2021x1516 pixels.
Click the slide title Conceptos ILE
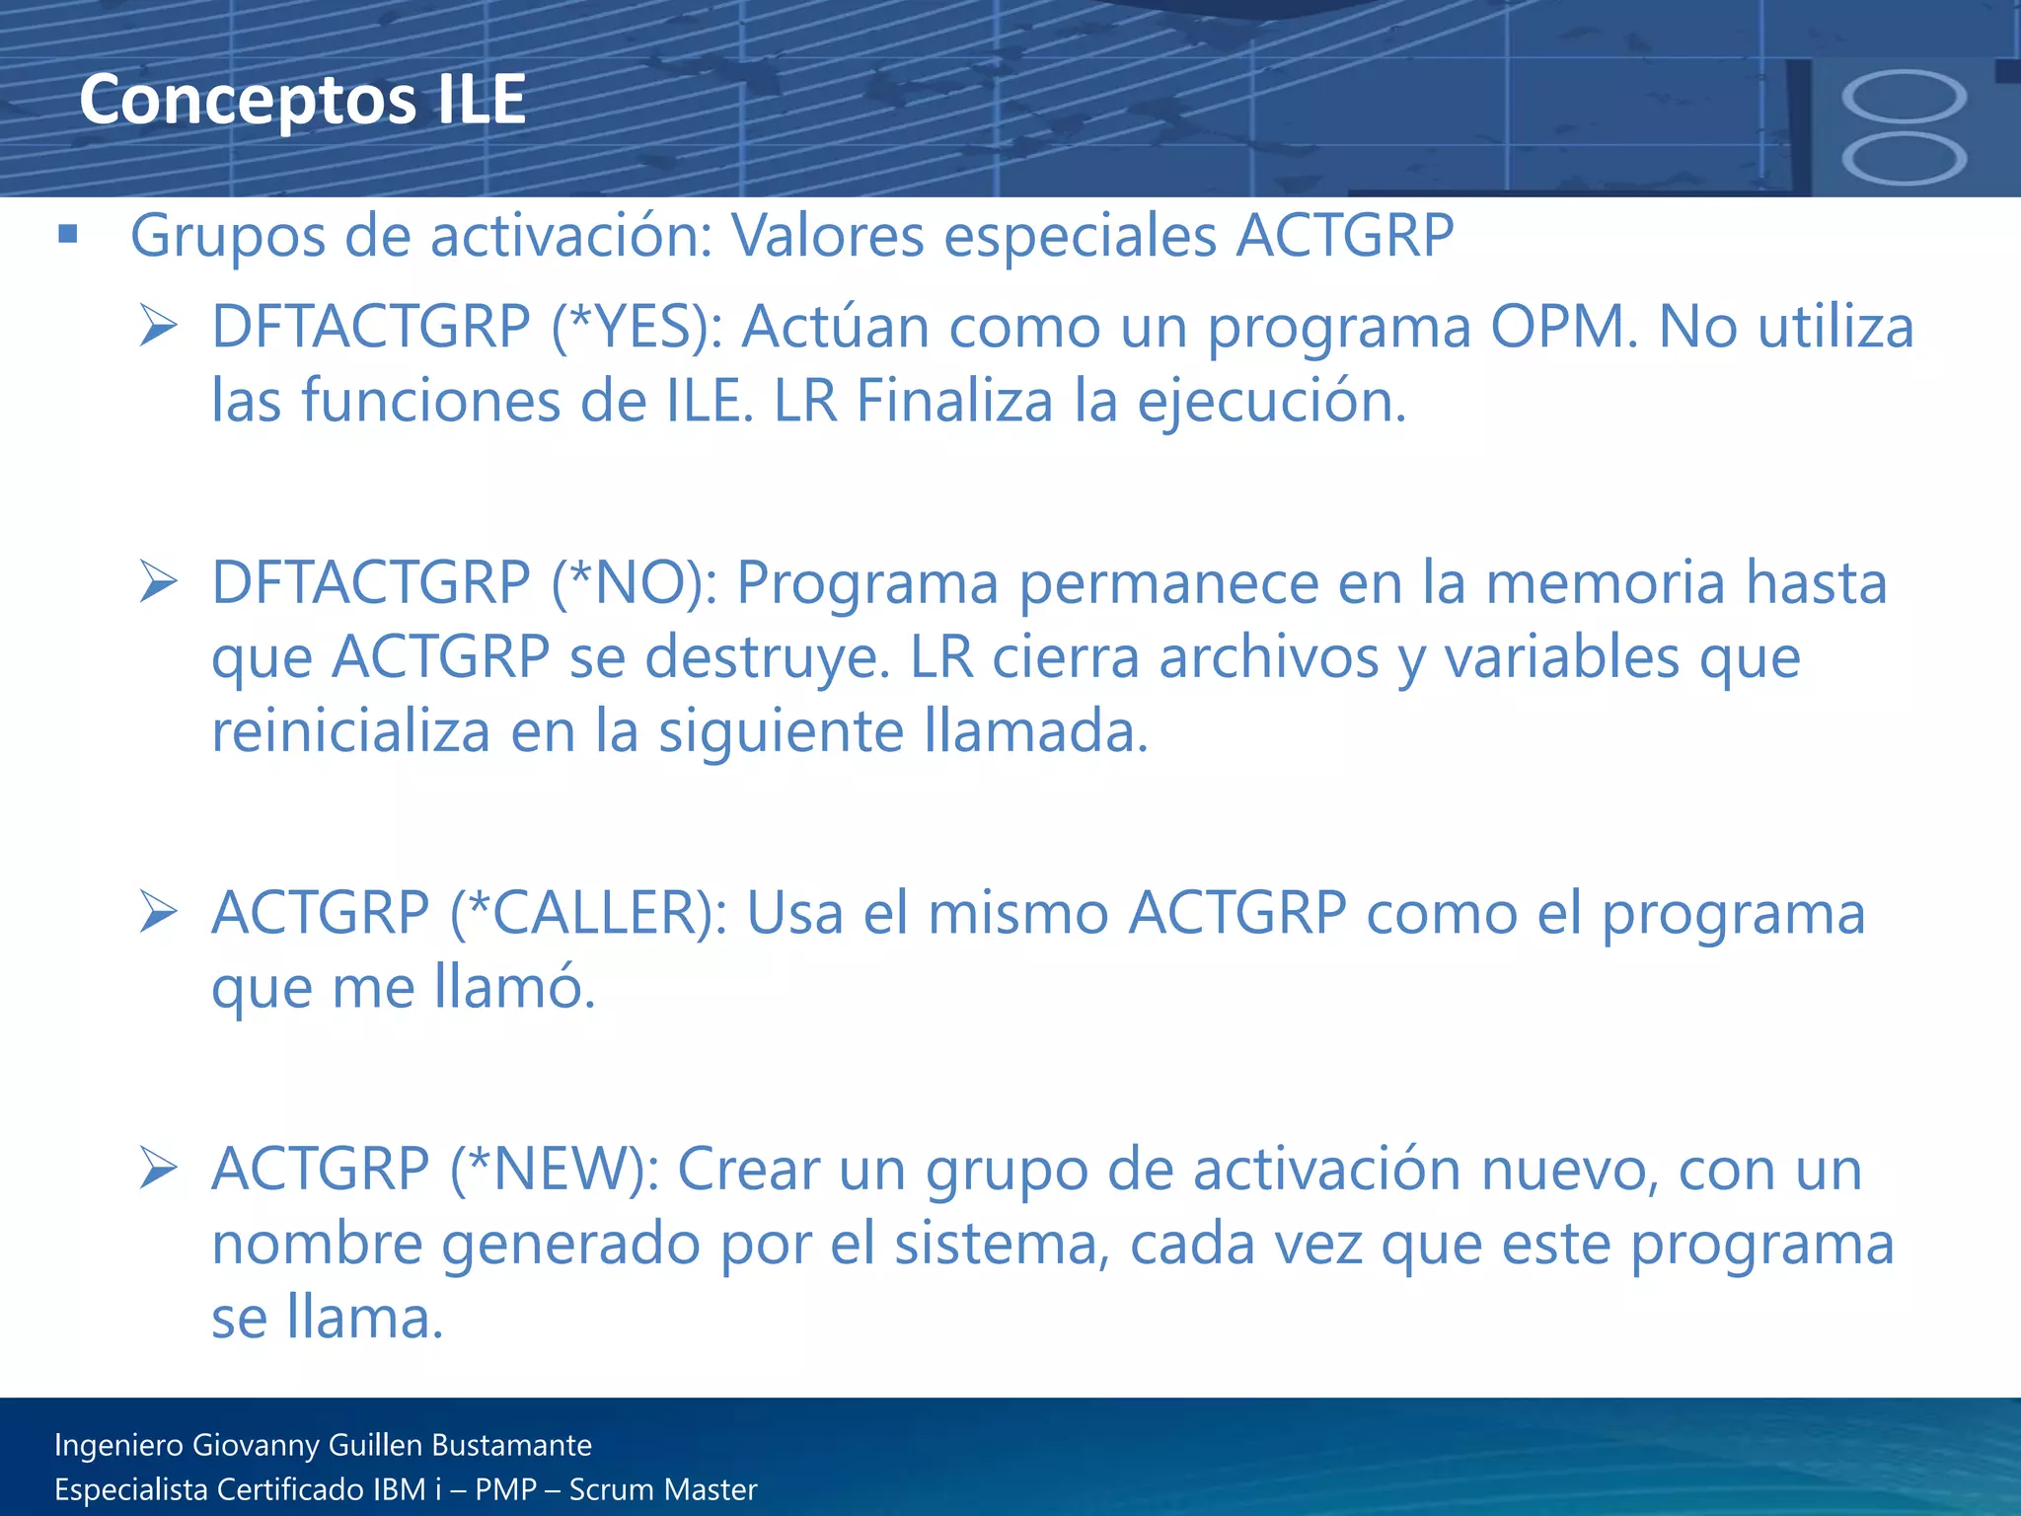[302, 100]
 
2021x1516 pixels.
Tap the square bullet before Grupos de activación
[68, 234]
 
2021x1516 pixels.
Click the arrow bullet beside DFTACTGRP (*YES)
[158, 327]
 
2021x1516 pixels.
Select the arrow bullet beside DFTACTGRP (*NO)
[158, 582]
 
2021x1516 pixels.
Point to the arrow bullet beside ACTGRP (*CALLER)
[158, 912]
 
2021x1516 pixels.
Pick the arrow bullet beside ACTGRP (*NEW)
[158, 1169]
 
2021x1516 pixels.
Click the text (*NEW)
[555, 1169]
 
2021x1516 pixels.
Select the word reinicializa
[351, 731]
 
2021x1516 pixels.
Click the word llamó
[514, 986]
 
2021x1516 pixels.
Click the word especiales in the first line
[1080, 237]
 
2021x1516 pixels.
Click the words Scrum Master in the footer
[663, 1489]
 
